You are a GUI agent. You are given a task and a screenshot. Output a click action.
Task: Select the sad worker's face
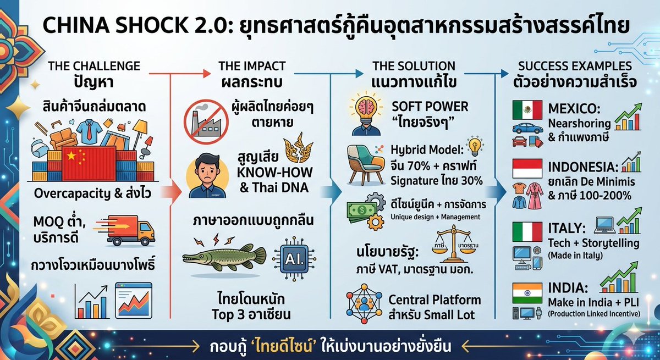pos(205,171)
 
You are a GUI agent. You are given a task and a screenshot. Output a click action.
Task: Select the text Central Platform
pos(435,300)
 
